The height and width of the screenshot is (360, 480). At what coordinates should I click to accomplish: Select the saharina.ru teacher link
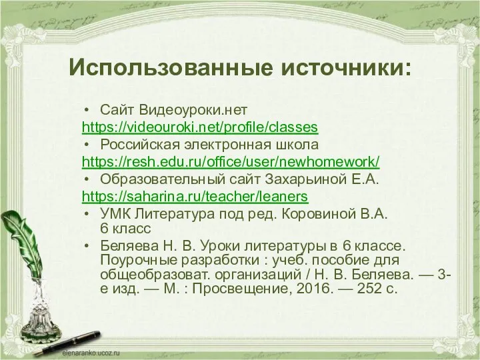[x=194, y=197]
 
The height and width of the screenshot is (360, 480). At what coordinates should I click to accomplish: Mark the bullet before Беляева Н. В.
[x=88, y=245]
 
